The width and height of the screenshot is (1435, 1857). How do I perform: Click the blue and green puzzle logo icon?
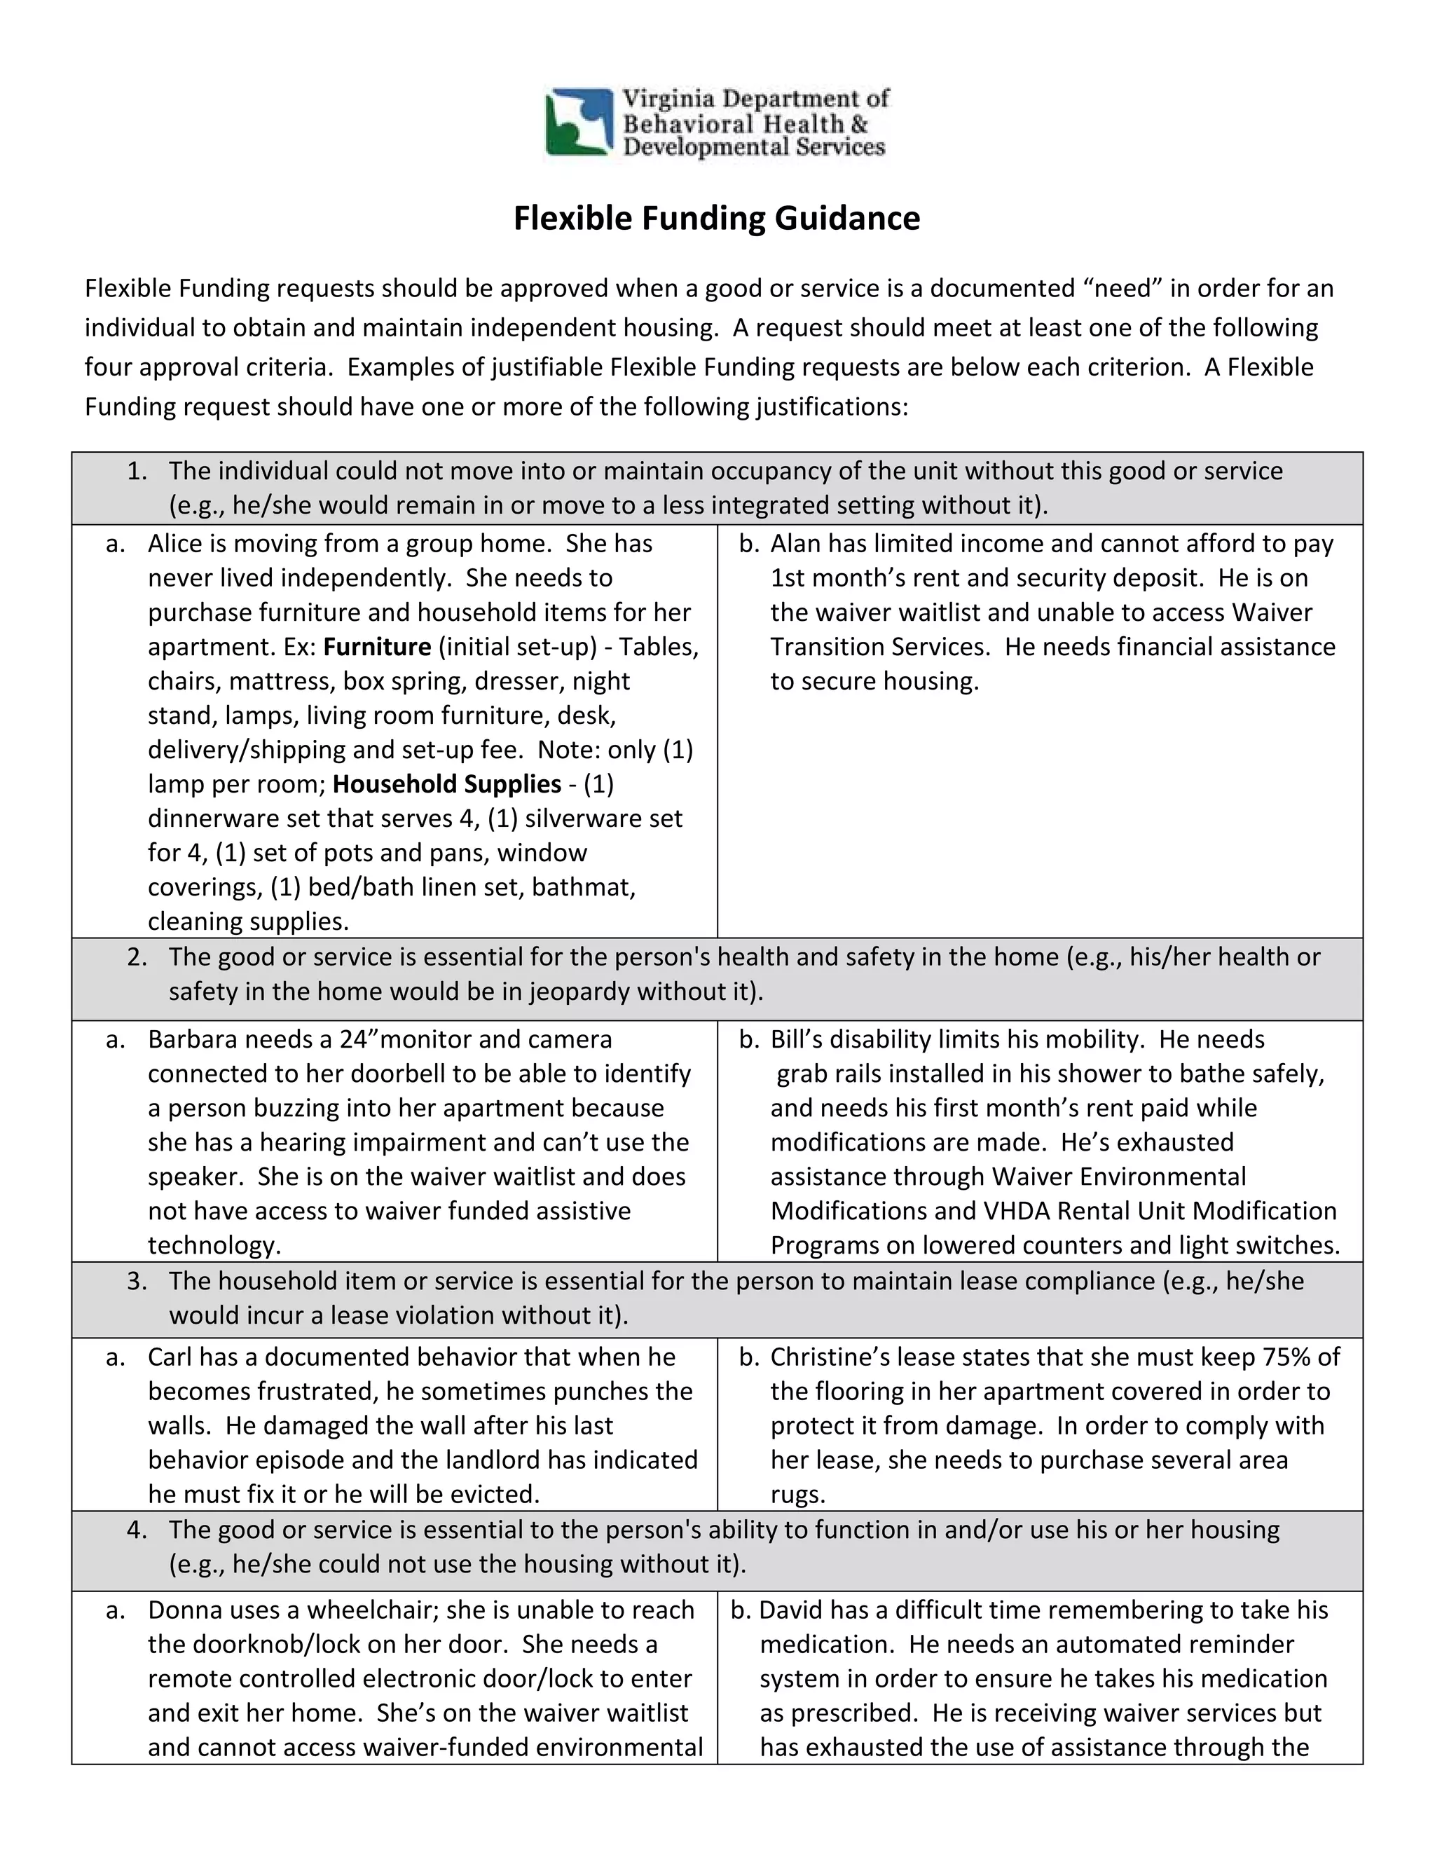click(579, 123)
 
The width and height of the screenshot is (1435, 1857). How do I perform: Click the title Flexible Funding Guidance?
click(716, 219)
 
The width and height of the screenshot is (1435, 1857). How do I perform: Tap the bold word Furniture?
click(378, 647)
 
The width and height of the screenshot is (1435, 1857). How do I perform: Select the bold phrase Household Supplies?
click(447, 784)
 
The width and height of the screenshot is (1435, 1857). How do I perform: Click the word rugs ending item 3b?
click(797, 1494)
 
